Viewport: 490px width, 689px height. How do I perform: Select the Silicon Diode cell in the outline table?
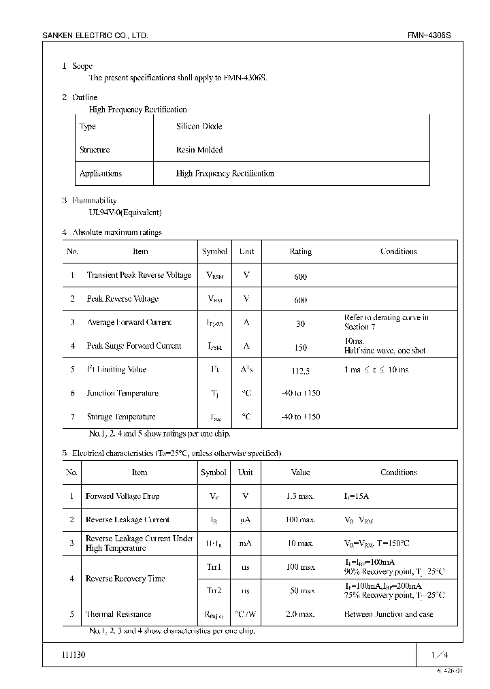pos(199,127)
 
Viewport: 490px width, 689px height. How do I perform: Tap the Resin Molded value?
pos(199,150)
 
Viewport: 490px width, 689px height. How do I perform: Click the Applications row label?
pos(100,174)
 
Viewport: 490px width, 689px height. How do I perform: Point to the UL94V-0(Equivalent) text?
pos(125,212)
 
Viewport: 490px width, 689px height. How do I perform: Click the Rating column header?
pos(300,252)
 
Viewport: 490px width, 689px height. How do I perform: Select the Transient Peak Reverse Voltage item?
pos(139,275)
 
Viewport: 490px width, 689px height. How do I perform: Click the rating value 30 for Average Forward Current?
pos(300,324)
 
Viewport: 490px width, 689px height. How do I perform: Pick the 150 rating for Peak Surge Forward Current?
pos(300,347)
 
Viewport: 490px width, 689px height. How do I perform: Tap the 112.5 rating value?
pos(300,371)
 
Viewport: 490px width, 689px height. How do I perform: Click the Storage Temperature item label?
pos(121,417)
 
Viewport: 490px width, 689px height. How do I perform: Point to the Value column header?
pos(300,472)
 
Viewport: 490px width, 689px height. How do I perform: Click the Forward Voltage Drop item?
pos(122,496)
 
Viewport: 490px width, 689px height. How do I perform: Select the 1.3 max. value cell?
pos(300,496)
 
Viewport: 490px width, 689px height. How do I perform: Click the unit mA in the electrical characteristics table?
pos(246,543)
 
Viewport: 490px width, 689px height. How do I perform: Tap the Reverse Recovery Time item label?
pos(125,579)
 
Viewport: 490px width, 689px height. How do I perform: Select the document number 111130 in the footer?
pos(74,655)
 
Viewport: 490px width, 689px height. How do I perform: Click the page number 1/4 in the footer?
pos(440,655)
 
